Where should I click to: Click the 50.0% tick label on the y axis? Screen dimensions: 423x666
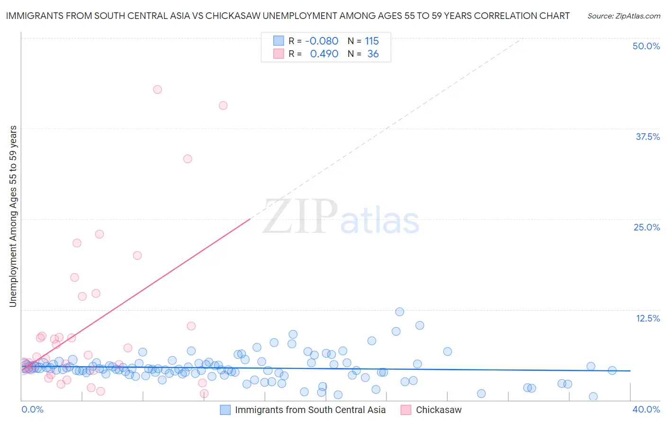pos(646,46)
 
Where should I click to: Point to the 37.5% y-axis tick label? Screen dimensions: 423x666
pos(648,137)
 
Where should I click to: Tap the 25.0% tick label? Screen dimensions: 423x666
pos(647,227)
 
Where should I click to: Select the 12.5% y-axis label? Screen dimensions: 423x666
pos(648,318)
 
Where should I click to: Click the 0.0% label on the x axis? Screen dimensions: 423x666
pos(32,409)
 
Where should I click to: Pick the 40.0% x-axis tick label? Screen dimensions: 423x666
pos(646,409)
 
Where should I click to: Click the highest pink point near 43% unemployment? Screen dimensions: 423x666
pos(157,90)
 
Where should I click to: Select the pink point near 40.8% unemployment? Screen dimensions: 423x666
pos(223,105)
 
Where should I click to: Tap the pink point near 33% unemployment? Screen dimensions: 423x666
pos(188,159)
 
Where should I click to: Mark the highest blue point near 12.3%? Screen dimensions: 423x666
pos(399,312)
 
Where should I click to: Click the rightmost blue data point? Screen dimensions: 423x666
pos(612,370)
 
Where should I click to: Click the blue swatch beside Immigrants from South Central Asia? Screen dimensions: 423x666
pos(225,410)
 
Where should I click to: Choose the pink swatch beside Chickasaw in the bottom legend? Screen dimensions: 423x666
pos(405,410)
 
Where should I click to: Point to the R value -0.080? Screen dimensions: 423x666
pos(322,41)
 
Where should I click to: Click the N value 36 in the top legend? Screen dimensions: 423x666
pos(373,54)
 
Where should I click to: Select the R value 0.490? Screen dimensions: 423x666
pos(324,54)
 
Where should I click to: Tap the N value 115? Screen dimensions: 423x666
pos(372,41)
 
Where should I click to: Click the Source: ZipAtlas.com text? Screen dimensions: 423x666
pos(623,16)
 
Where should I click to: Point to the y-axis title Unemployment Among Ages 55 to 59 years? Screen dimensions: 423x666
pos(13,216)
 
